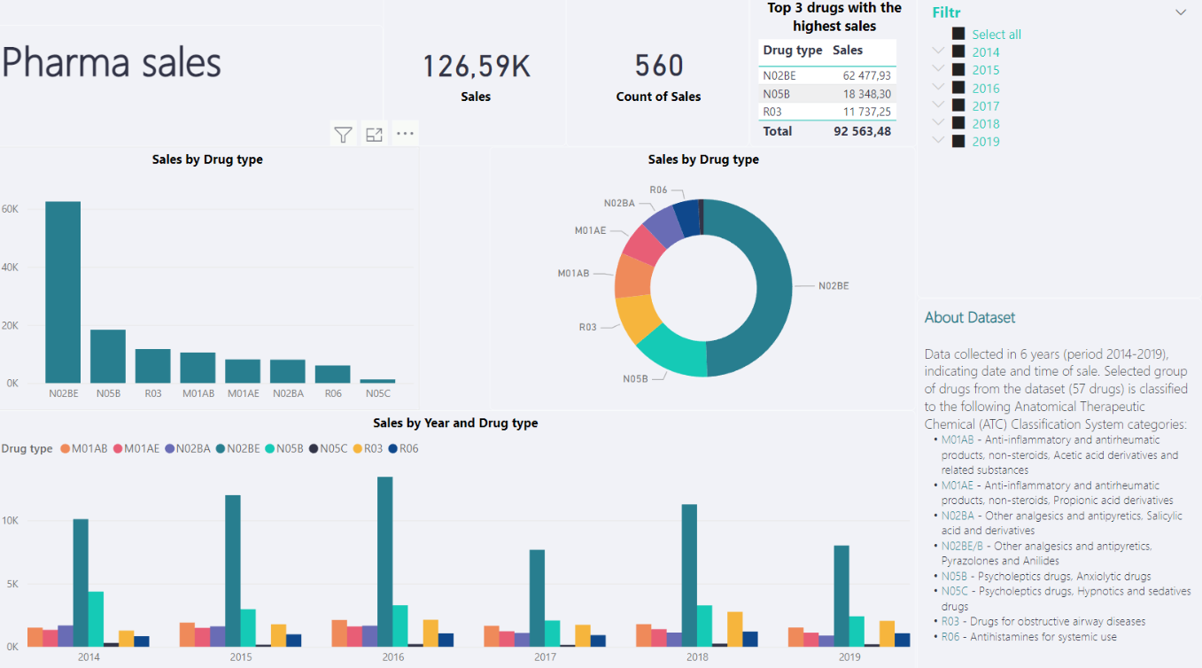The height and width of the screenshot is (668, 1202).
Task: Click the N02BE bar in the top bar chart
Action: click(63, 292)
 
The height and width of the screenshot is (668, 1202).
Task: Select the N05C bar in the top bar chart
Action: click(377, 381)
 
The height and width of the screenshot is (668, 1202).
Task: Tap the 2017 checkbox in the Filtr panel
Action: click(958, 105)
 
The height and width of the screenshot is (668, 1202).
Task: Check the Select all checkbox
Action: click(958, 34)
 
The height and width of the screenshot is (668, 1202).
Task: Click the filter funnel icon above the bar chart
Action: click(343, 135)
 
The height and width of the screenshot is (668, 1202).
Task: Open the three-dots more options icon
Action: click(405, 134)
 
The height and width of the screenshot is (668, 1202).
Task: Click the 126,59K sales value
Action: click(476, 66)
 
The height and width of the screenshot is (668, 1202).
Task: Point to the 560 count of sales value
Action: click(659, 66)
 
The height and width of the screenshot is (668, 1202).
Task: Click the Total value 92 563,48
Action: click(862, 131)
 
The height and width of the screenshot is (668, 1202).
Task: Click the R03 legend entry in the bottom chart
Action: click(367, 448)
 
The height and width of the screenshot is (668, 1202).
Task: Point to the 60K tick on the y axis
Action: click(11, 209)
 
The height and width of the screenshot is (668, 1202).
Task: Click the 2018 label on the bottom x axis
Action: click(697, 657)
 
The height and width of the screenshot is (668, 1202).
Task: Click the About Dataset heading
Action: click(969, 317)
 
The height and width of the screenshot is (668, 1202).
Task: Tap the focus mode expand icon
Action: click(374, 135)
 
